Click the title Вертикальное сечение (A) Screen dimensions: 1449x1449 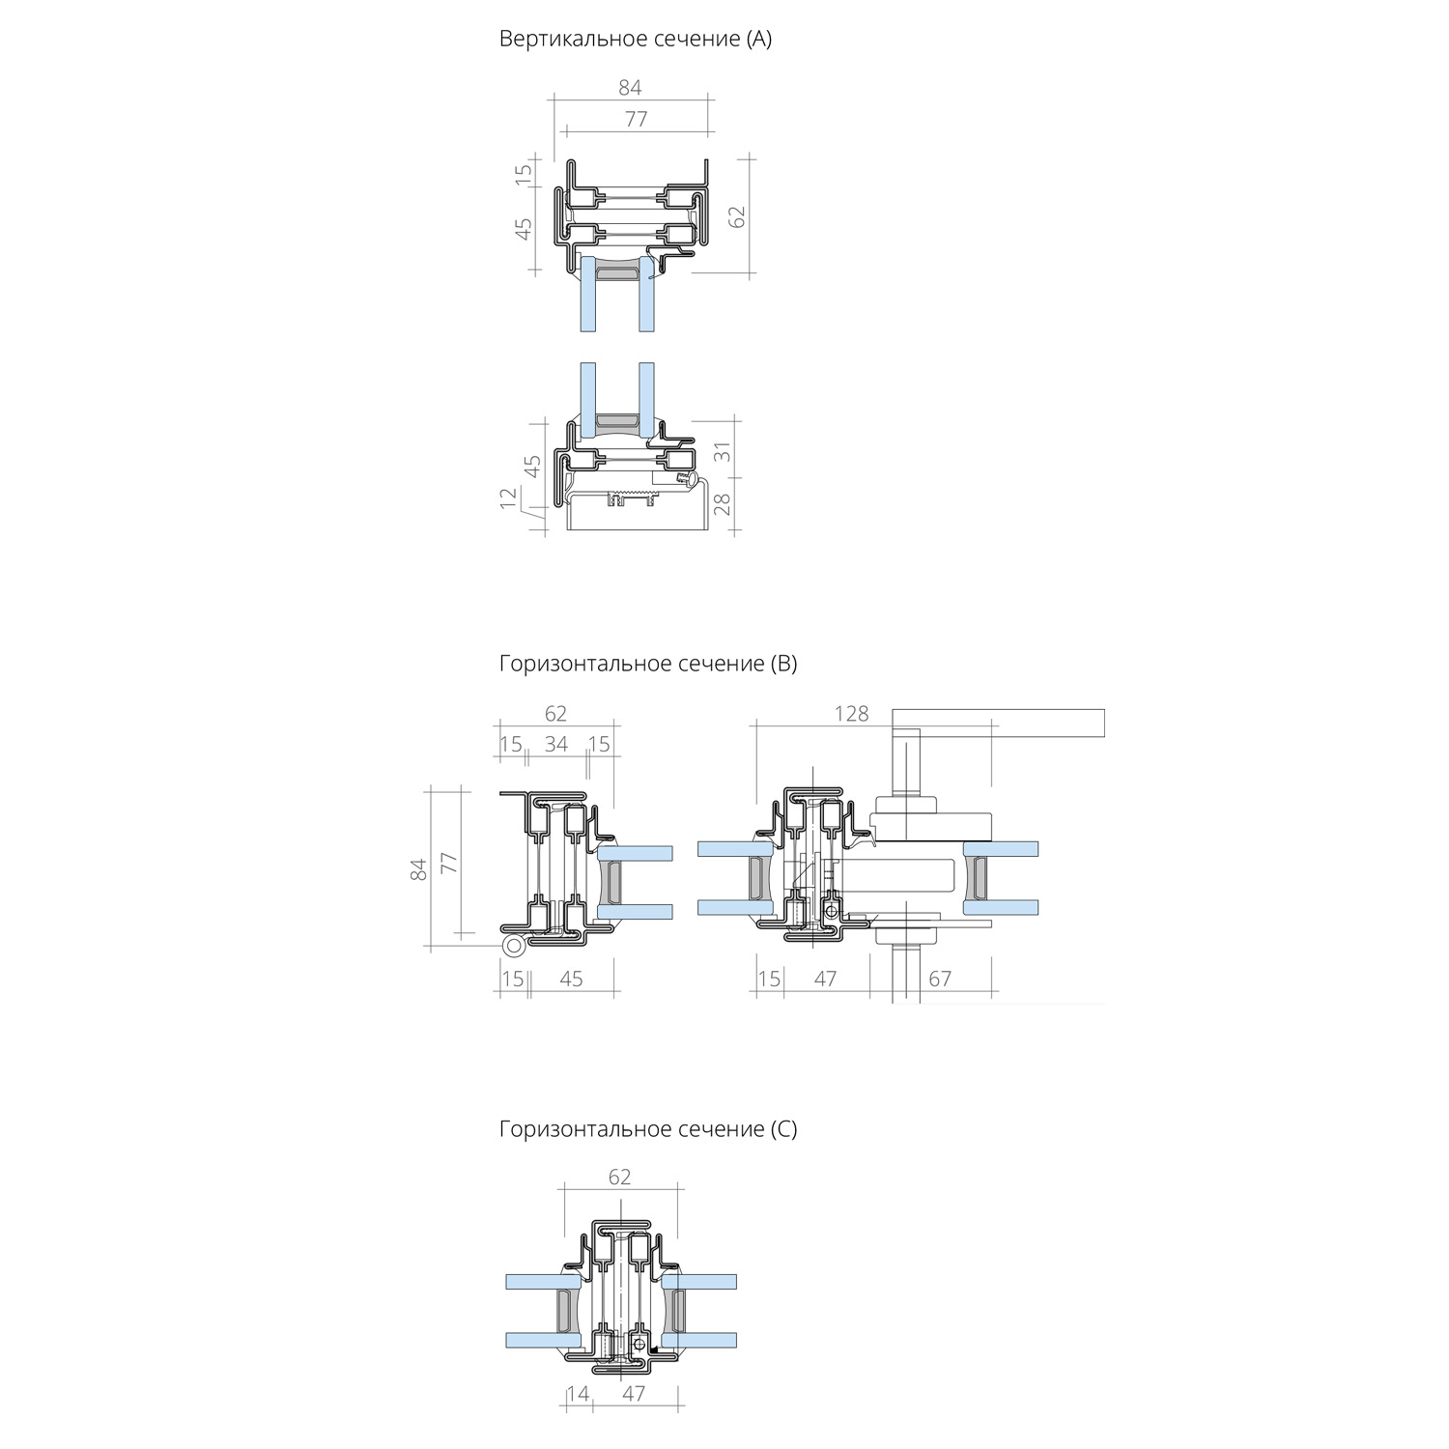(x=636, y=40)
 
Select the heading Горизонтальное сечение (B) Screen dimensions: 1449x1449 (x=648, y=665)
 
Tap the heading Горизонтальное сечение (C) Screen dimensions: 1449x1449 (x=648, y=1129)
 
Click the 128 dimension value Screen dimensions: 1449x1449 (x=851, y=714)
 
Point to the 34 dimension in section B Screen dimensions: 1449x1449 (x=556, y=745)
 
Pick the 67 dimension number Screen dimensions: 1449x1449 (x=940, y=980)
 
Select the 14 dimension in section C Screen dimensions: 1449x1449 (x=578, y=1394)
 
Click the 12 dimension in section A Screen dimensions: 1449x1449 (x=509, y=499)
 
